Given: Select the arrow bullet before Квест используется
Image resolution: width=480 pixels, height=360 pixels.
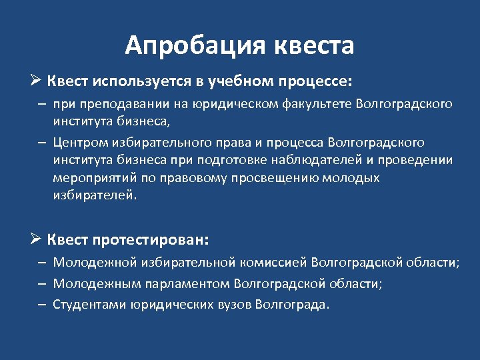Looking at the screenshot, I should (x=37, y=81).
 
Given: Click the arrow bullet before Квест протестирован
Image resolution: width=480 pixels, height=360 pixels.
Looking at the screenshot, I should (x=37, y=239).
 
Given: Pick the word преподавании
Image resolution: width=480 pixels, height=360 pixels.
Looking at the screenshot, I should (x=114, y=104).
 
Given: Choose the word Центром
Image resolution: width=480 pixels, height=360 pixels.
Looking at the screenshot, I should (x=80, y=143).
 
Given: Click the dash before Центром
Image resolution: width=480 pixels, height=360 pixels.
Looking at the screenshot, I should (x=41, y=143).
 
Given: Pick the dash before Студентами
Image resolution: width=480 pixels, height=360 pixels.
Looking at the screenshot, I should (x=41, y=305).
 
